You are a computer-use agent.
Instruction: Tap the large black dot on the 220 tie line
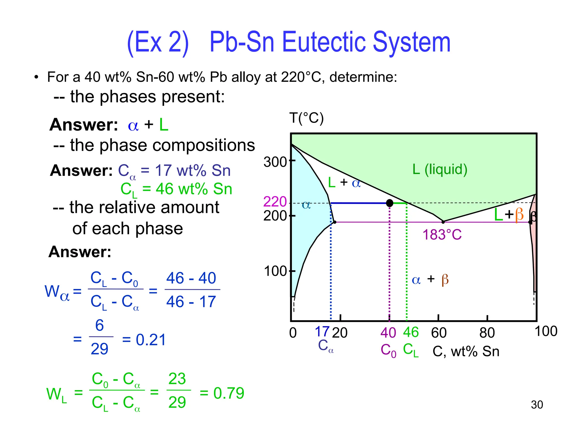pyautogui.click(x=389, y=203)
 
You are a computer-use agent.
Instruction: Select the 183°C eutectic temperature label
pyautogui.click(x=442, y=235)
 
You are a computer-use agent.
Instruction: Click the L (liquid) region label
pyautogui.click(x=440, y=169)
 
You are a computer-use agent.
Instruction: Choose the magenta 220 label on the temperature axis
pyautogui.click(x=275, y=202)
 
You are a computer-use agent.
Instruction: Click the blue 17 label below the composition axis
pyautogui.click(x=322, y=332)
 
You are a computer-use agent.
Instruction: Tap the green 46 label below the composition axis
pyautogui.click(x=411, y=332)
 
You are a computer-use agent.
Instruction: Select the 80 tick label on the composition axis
pyautogui.click(x=487, y=333)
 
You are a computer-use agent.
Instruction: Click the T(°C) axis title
pyautogui.click(x=306, y=118)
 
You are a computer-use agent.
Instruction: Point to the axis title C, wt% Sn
pyautogui.click(x=466, y=352)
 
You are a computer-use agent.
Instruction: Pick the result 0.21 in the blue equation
pyautogui.click(x=151, y=340)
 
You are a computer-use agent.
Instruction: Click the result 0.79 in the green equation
pyautogui.click(x=229, y=393)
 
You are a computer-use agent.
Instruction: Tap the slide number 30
pyautogui.click(x=537, y=405)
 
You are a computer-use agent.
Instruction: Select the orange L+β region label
pyautogui.click(x=509, y=215)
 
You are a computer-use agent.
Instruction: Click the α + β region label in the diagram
pyautogui.click(x=430, y=280)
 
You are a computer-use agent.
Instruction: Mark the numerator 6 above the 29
pyautogui.click(x=99, y=325)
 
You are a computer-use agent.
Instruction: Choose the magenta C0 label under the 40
pyautogui.click(x=388, y=351)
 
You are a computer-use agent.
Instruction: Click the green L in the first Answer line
pyautogui.click(x=164, y=125)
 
